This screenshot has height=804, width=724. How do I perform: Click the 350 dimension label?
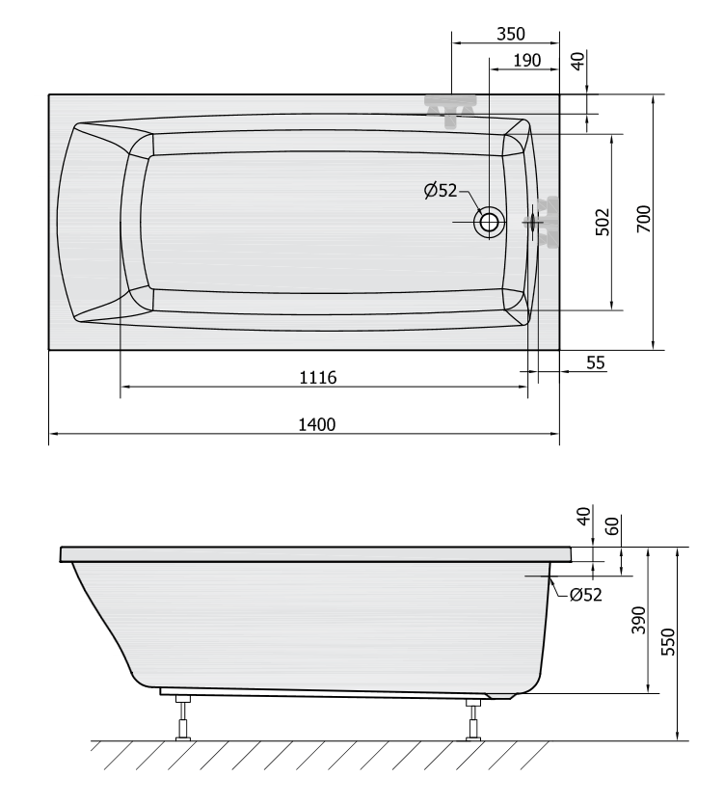[x=511, y=34]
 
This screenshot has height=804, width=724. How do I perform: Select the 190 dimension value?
[x=527, y=61]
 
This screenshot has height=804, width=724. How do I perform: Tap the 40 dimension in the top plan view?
[x=577, y=61]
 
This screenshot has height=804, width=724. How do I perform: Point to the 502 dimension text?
[x=603, y=222]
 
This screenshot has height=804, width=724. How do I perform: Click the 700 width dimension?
[x=644, y=219]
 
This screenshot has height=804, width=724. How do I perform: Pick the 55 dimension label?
[x=596, y=362]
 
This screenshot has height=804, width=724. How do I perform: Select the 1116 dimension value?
[x=318, y=378]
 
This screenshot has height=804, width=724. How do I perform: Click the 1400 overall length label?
[x=317, y=424]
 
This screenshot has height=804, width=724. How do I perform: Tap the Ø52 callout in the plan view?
[x=441, y=191]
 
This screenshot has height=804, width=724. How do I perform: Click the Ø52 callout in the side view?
[x=585, y=594]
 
